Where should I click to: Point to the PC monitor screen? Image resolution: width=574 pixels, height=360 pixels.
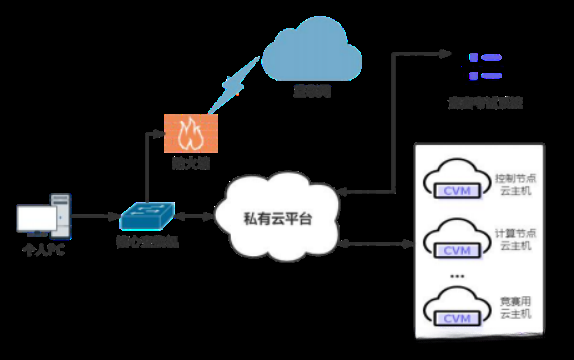[36, 217]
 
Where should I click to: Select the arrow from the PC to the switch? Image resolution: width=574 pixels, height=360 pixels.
[95, 216]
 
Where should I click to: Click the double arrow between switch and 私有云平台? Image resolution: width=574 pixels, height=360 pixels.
[196, 215]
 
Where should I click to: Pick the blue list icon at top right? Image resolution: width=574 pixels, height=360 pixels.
[484, 67]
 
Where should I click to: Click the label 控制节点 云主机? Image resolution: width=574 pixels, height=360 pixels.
[515, 183]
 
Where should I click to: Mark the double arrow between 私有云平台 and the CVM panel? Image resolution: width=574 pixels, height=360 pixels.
[376, 243]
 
